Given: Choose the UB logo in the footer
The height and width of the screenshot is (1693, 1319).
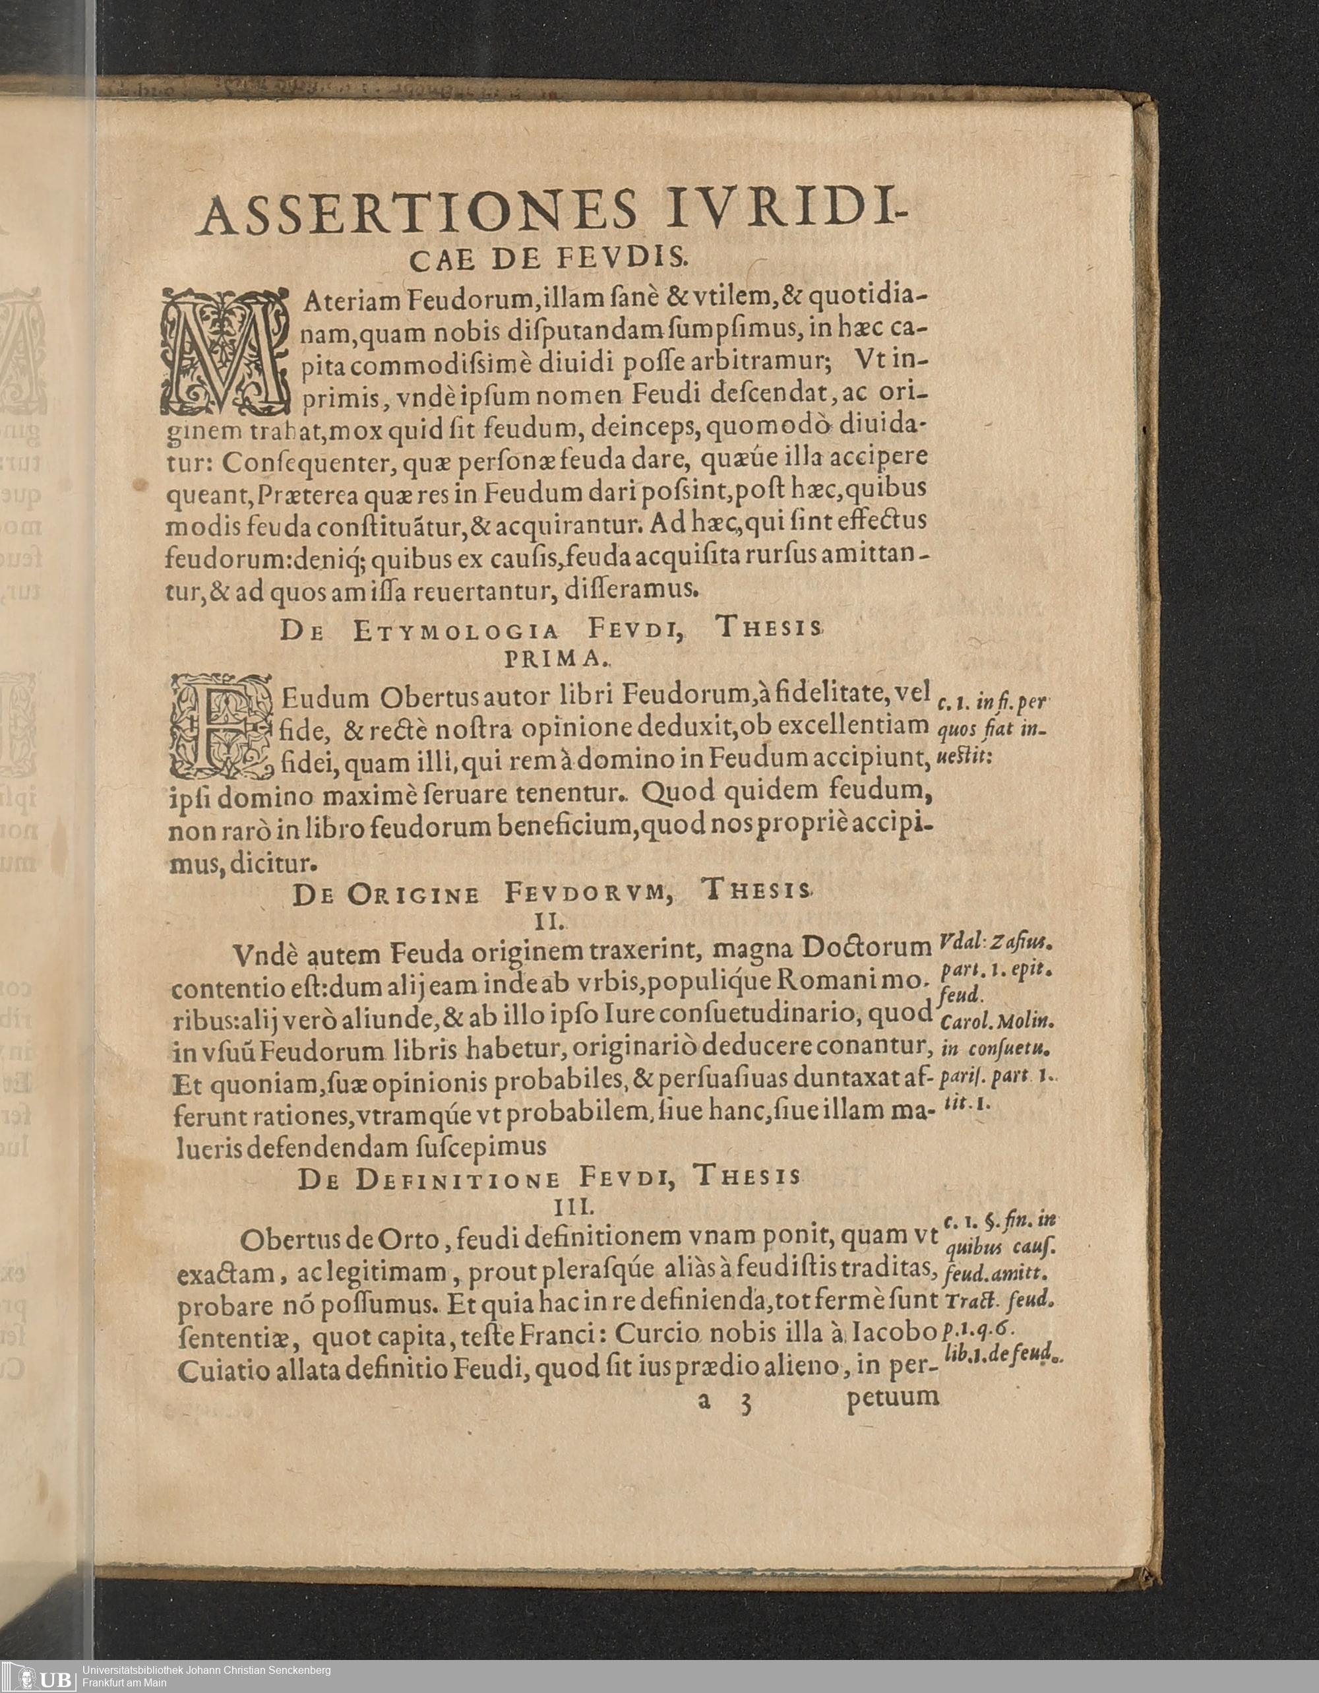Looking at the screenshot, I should tap(39, 1675).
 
